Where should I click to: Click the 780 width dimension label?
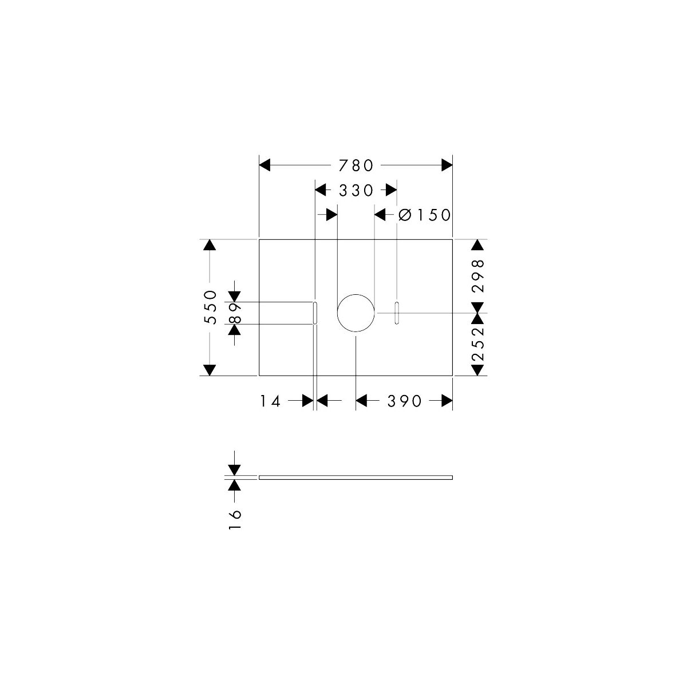point(356,165)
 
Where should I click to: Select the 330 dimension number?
point(356,191)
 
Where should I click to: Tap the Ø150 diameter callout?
point(424,215)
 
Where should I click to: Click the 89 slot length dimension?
point(235,313)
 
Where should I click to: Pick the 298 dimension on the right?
point(477,276)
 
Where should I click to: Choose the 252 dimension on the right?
point(477,343)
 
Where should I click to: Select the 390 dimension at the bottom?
point(404,401)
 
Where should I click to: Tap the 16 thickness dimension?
point(235,519)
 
